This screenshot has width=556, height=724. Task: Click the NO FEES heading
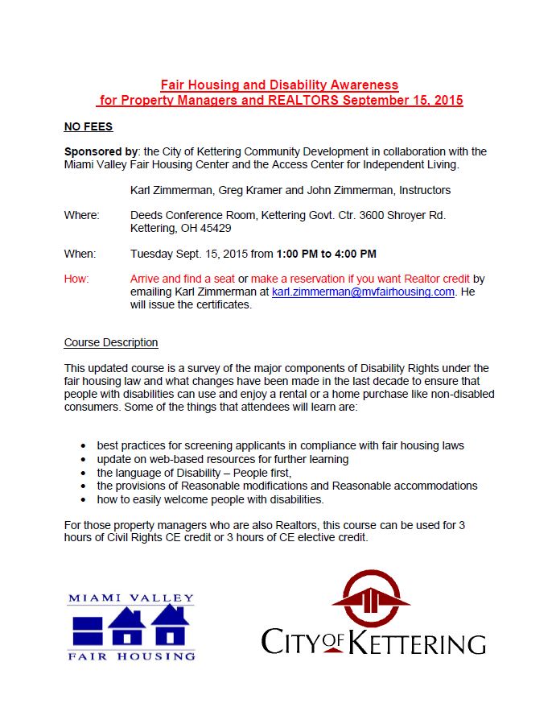pos(89,126)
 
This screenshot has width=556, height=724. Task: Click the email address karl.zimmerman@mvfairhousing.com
pos(363,292)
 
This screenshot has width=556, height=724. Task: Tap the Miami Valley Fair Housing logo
pos(132,627)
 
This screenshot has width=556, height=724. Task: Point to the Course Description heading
pos(111,342)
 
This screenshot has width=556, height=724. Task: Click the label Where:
pos(82,215)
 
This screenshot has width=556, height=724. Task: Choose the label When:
pos(80,254)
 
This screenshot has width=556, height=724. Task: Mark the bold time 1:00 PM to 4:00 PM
pos(326,254)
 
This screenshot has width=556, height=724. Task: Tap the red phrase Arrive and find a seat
pos(181,279)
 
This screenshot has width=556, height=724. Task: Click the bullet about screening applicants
pos(280,445)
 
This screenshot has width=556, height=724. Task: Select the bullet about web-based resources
pos(222,459)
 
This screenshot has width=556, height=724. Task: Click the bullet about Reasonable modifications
pos(286,486)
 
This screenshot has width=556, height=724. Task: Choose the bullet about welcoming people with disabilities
pos(210,499)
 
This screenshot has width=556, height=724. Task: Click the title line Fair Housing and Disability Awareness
pos(279,85)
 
